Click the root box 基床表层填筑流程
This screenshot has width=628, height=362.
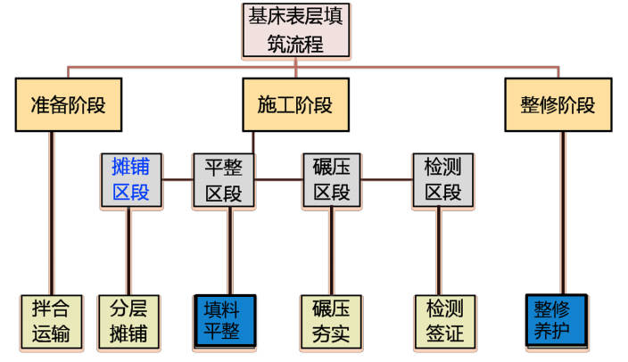coord(295,29)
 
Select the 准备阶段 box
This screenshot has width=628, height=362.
coord(68,104)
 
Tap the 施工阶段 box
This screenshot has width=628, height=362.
coord(294,104)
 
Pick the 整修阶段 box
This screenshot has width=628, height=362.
coord(558,104)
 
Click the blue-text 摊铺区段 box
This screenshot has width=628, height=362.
coord(131,179)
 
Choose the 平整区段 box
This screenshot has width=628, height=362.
coord(224,179)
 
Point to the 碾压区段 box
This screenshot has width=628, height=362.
coord(331,179)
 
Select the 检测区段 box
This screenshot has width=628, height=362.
coord(442,179)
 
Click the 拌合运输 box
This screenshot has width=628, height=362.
coord(51,322)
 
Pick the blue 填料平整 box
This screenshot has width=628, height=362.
coord(225,322)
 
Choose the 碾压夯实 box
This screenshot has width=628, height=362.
coord(331,322)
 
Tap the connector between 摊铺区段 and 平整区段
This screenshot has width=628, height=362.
coord(178,179)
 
